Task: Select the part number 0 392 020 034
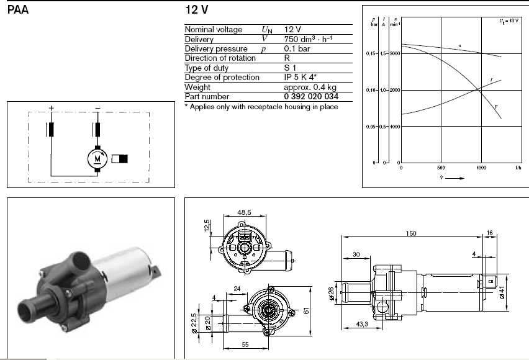[x=311, y=97]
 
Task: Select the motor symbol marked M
[x=97, y=158]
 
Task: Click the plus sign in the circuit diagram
[x=52, y=108]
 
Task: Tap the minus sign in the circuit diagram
[x=97, y=108]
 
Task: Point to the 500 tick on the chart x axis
[x=441, y=168]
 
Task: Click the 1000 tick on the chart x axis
[x=480, y=168]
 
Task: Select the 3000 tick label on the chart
[x=394, y=54]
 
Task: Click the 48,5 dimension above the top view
[x=245, y=212]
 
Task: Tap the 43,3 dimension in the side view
[x=363, y=325]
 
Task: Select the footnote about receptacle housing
[x=261, y=107]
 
